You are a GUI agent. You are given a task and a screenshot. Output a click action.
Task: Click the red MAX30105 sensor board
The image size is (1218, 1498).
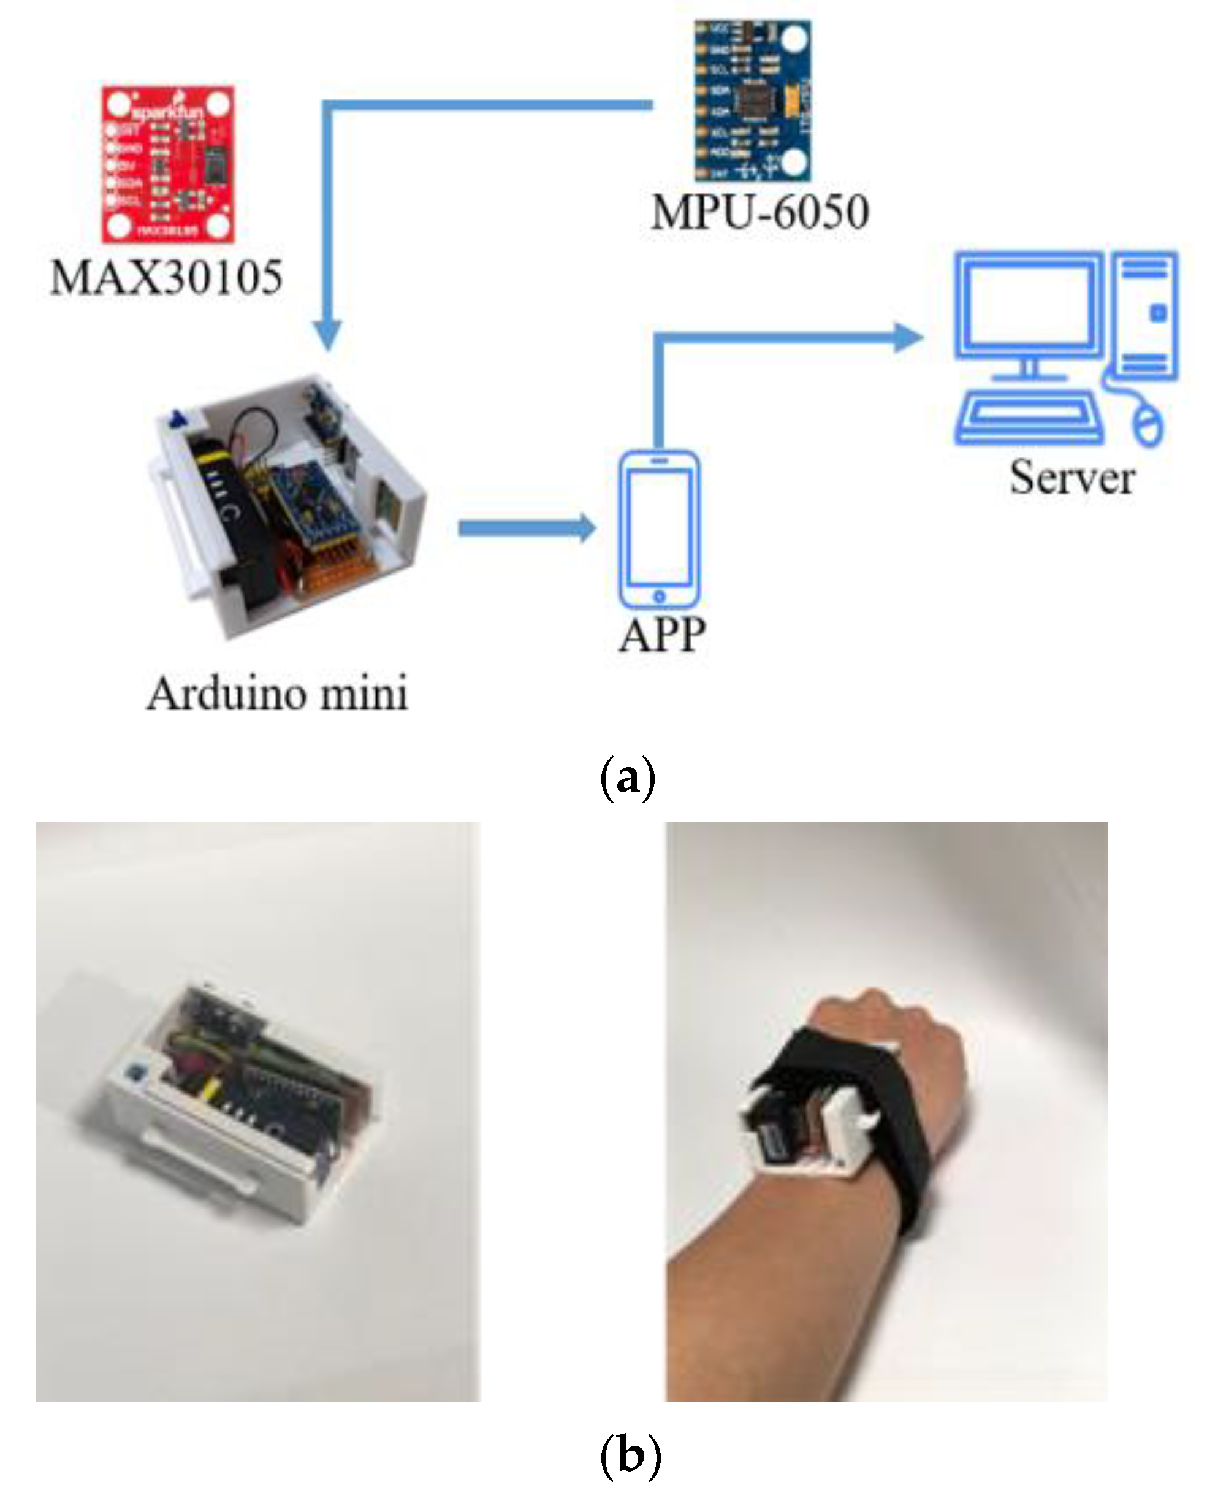pos(169,164)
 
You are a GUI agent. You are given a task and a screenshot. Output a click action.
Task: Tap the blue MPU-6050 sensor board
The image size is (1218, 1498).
pos(752,101)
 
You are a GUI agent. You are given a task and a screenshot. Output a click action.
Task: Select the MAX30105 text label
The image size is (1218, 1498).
pos(167,277)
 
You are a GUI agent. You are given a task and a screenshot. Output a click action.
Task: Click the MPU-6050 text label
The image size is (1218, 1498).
pos(760,212)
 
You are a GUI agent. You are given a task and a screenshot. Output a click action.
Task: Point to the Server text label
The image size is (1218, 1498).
pos(1071,478)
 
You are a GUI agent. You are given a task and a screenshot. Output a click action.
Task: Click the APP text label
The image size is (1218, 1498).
pos(661,636)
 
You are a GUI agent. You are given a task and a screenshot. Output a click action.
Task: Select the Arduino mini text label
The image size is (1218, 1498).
pos(277,694)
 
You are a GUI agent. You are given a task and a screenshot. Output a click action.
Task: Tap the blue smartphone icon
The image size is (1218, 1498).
pos(658,529)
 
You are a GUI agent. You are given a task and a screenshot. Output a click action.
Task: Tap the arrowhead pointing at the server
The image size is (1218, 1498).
pos(908,337)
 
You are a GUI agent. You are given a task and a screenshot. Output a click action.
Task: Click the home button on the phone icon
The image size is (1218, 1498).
pos(659,597)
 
